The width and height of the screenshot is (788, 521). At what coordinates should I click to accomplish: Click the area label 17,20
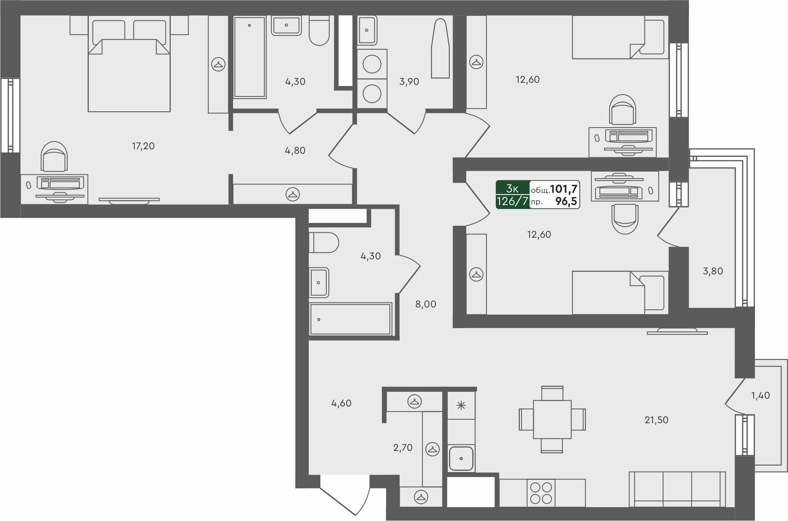pyautogui.click(x=143, y=146)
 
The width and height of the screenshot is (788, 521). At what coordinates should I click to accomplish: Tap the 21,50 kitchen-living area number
pyautogui.click(x=656, y=420)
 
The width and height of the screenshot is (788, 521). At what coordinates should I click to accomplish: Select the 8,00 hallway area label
pyautogui.click(x=425, y=304)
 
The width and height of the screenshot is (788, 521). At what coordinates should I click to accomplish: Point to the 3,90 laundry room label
pyautogui.click(x=409, y=82)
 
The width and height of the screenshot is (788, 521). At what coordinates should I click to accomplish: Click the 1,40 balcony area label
pyautogui.click(x=760, y=395)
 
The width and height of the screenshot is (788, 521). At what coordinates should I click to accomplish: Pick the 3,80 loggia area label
pyautogui.click(x=713, y=271)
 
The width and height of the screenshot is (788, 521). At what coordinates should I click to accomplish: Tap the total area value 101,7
pyautogui.click(x=563, y=189)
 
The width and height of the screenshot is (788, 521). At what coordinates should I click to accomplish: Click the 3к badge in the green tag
pyautogui.click(x=512, y=188)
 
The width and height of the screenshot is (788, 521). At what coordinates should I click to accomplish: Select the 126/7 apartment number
pyautogui.click(x=512, y=201)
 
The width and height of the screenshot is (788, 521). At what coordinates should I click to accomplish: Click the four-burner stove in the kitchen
pyautogui.click(x=541, y=493)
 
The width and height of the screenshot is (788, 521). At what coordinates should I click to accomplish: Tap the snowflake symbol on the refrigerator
pyautogui.click(x=461, y=405)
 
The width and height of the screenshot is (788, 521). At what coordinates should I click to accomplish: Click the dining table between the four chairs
pyautogui.click(x=552, y=419)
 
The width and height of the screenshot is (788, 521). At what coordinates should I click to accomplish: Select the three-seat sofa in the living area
pyautogui.click(x=677, y=489)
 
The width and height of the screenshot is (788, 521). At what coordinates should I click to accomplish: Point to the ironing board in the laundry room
pyautogui.click(x=440, y=49)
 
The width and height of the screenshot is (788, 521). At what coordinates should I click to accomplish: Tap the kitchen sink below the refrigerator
pyautogui.click(x=461, y=459)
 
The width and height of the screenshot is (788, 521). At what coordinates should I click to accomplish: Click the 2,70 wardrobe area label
pyautogui.click(x=403, y=448)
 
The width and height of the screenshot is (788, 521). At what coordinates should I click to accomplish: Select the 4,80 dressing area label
pyautogui.click(x=295, y=150)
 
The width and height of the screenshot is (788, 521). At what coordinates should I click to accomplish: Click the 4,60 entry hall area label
pyautogui.click(x=341, y=403)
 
